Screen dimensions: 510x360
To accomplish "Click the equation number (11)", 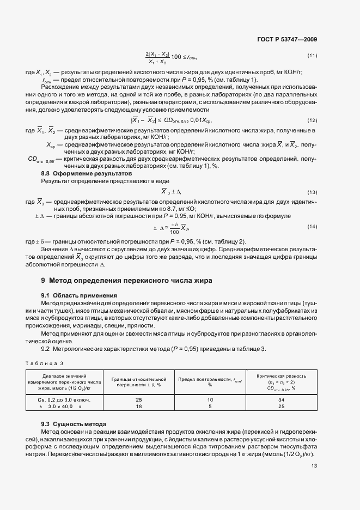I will point(312,56).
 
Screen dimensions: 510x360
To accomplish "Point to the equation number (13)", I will point(312,192).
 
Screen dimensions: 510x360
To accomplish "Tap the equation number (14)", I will point(312,226).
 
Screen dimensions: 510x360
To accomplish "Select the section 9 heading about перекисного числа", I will point(126,280).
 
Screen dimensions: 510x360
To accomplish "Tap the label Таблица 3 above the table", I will point(45,362).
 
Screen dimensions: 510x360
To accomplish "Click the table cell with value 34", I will point(281,399).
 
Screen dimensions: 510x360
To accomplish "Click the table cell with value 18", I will point(138,406).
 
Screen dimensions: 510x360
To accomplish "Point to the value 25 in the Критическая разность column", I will point(281,406).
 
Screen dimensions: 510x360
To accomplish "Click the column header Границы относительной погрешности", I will point(138,381).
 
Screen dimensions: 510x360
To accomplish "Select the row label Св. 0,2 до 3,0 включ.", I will point(60,399).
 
